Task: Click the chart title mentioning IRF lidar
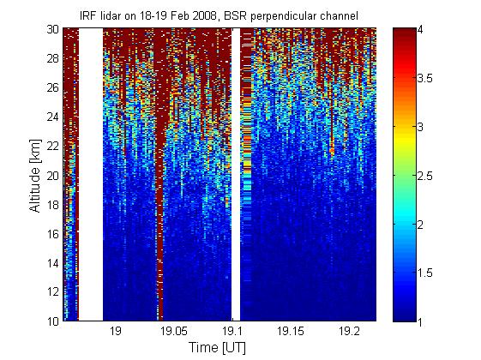tap(219, 15)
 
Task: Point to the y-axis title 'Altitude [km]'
tap(34, 176)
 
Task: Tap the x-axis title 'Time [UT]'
tap(217, 347)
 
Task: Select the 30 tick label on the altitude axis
tap(52, 29)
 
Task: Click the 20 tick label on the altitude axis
tap(52, 176)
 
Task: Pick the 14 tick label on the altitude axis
tap(52, 263)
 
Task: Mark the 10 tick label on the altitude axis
tap(52, 321)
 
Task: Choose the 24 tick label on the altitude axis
tap(52, 117)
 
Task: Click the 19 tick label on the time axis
tap(116, 331)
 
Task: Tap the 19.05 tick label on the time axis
tap(174, 331)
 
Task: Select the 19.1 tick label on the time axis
tap(232, 331)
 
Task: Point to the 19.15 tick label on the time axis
tap(291, 331)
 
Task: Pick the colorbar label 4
tap(420, 30)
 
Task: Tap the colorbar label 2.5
tap(425, 176)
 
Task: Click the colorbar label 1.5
tap(425, 273)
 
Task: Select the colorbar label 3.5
tap(425, 79)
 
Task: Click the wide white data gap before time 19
tap(91, 174)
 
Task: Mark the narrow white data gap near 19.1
tap(236, 174)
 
